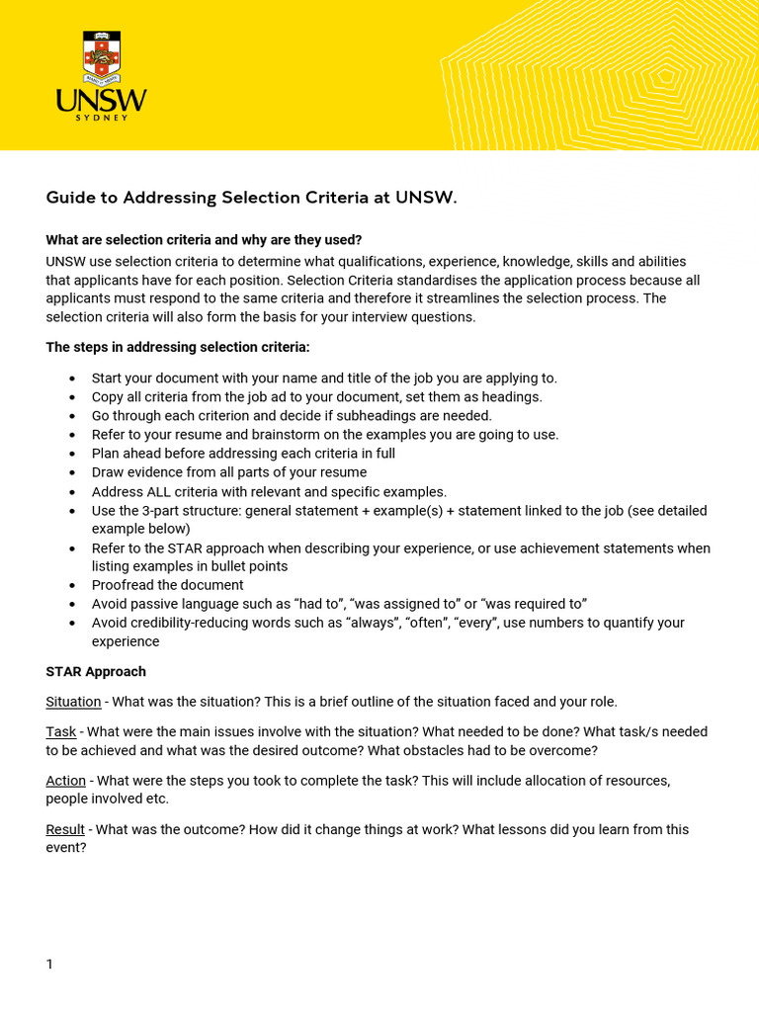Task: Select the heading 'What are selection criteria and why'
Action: [204, 240]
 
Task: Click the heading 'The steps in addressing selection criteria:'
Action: [178, 347]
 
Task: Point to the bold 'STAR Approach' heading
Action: [96, 671]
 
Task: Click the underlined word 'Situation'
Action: [73, 702]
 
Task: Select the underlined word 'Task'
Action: [60, 731]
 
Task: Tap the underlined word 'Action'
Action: [65, 781]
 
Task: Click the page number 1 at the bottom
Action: [49, 964]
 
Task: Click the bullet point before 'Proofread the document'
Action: [73, 585]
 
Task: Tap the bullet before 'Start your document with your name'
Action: [73, 379]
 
